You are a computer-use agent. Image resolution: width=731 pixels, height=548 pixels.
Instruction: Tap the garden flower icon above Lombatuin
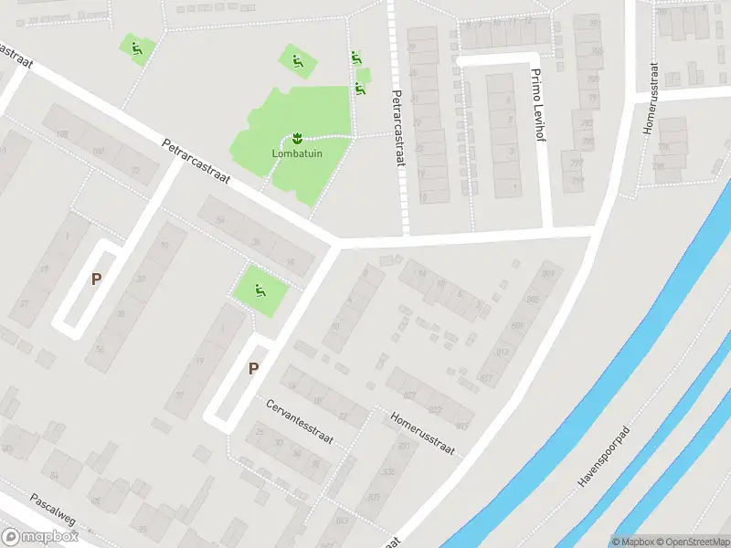(297, 139)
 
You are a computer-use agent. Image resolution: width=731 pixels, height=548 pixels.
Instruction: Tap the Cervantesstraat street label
(300, 422)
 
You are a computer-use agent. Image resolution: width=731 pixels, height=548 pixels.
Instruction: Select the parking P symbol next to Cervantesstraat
(254, 369)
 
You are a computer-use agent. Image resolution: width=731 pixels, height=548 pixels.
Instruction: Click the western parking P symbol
(95, 279)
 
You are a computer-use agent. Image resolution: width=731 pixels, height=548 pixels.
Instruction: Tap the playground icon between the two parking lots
(260, 291)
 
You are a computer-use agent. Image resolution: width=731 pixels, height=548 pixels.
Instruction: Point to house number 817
(486, 378)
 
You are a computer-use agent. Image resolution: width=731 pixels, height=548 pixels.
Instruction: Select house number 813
(503, 353)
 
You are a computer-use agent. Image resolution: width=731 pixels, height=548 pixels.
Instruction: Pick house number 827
(408, 395)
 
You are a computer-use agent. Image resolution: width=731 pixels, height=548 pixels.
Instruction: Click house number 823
(436, 410)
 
